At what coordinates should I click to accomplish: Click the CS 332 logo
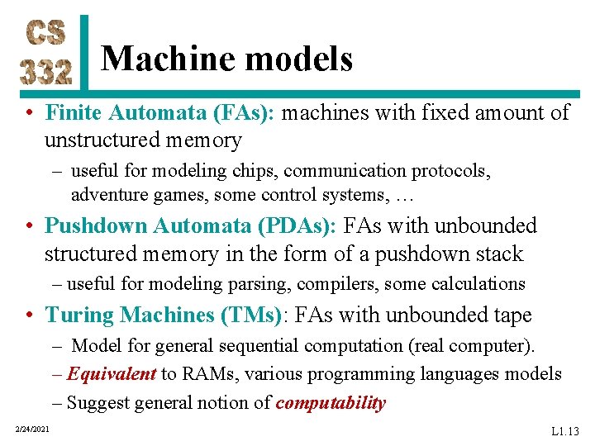46,51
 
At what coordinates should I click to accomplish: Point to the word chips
256,171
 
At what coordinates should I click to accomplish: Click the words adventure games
129,196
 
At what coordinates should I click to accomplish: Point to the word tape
509,315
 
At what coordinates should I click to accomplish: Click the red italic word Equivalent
112,374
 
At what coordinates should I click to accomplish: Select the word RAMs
203,374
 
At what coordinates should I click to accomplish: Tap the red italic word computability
331,403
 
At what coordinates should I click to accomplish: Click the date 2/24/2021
32,428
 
